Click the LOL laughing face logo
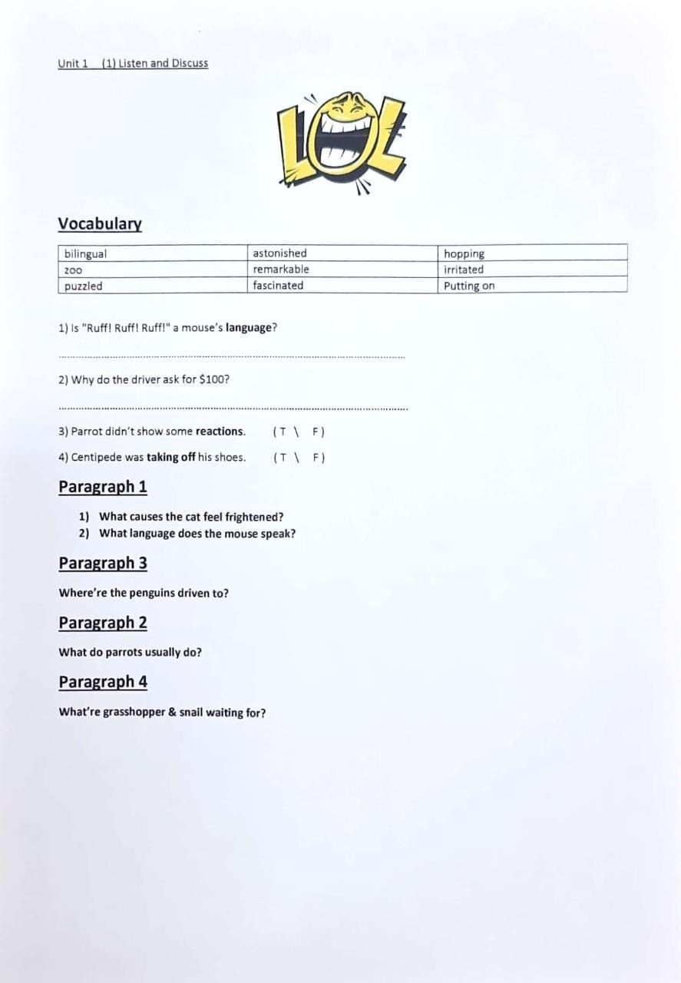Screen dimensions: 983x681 click(342, 142)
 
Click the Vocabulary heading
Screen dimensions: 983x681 click(100, 223)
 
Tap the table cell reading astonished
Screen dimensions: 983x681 click(342, 253)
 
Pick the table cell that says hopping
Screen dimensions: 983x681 click(533, 253)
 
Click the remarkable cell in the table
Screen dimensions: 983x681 click(342, 270)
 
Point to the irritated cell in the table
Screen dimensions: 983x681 click(533, 270)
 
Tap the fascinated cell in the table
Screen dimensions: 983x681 click(342, 286)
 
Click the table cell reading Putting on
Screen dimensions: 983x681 click(533, 286)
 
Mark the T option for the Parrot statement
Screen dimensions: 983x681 click(283, 432)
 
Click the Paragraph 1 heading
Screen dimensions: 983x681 click(103, 487)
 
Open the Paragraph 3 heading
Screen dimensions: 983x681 click(103, 563)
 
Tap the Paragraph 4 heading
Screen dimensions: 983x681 click(103, 682)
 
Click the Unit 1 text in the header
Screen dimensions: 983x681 click(73, 64)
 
